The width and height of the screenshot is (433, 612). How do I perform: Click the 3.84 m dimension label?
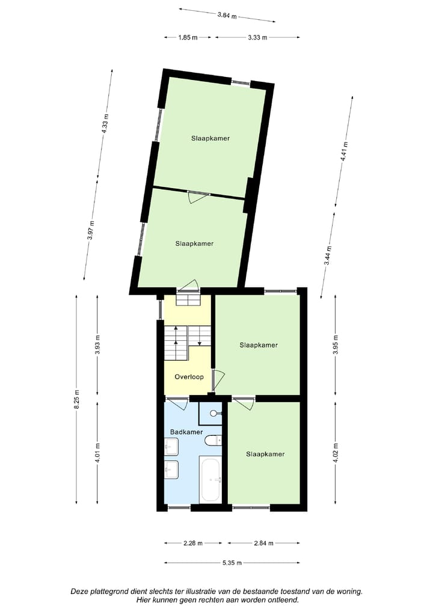[x=227, y=16]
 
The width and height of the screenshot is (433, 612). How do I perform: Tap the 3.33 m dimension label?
[x=257, y=37]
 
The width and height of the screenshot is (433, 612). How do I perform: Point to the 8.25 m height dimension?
[x=77, y=400]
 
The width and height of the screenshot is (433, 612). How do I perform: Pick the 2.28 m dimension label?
[x=193, y=543]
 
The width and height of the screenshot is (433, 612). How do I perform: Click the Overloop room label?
[x=189, y=377]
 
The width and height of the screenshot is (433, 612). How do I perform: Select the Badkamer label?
[x=186, y=432]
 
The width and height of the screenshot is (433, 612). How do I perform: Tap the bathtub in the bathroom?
[x=210, y=480]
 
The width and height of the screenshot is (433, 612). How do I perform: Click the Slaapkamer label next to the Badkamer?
[x=265, y=454]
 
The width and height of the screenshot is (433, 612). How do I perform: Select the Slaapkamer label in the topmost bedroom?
[x=210, y=138]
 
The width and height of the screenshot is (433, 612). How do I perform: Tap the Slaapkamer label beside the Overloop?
[x=259, y=345]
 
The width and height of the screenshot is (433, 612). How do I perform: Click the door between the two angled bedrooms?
[x=198, y=197]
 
